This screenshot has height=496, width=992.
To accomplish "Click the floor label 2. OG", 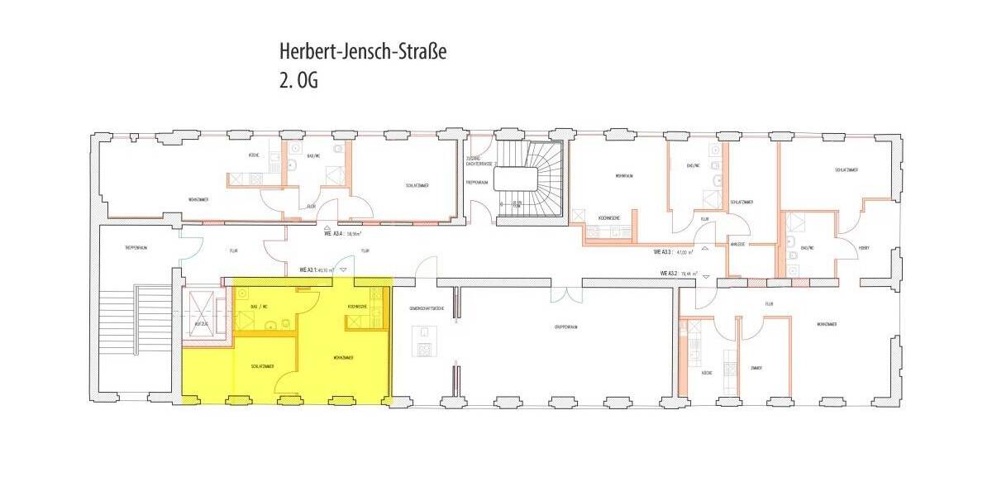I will [x=299, y=81].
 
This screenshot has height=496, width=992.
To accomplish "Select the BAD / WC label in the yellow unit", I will [x=259, y=307].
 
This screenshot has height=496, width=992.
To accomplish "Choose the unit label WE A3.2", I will [x=680, y=273].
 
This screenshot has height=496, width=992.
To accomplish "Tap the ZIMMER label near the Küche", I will [x=756, y=367].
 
